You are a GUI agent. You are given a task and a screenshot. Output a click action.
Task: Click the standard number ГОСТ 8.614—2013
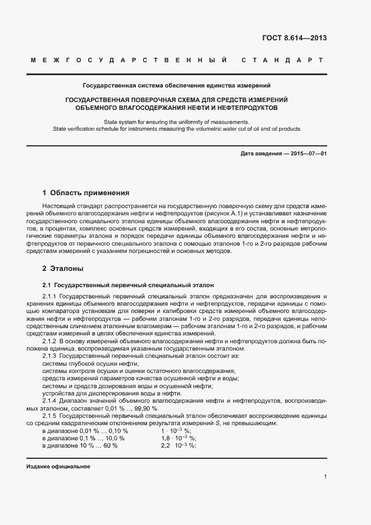(x=294, y=38)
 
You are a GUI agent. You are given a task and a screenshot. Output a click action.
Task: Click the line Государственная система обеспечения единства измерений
(x=177, y=86)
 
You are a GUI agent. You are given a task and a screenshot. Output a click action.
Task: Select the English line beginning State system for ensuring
(x=177, y=122)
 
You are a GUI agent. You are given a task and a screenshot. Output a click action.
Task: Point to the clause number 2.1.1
(x=50, y=296)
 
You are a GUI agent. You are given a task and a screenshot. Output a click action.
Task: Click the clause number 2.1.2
(x=50, y=340)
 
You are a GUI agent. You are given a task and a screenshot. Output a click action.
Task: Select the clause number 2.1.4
(x=50, y=401)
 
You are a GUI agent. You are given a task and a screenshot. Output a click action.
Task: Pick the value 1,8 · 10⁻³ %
(x=178, y=437)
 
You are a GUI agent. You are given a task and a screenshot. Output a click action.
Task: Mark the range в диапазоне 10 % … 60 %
(x=80, y=445)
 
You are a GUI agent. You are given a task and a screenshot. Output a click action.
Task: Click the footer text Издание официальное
(x=58, y=467)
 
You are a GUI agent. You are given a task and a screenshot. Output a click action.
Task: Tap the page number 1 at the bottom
(x=325, y=476)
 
